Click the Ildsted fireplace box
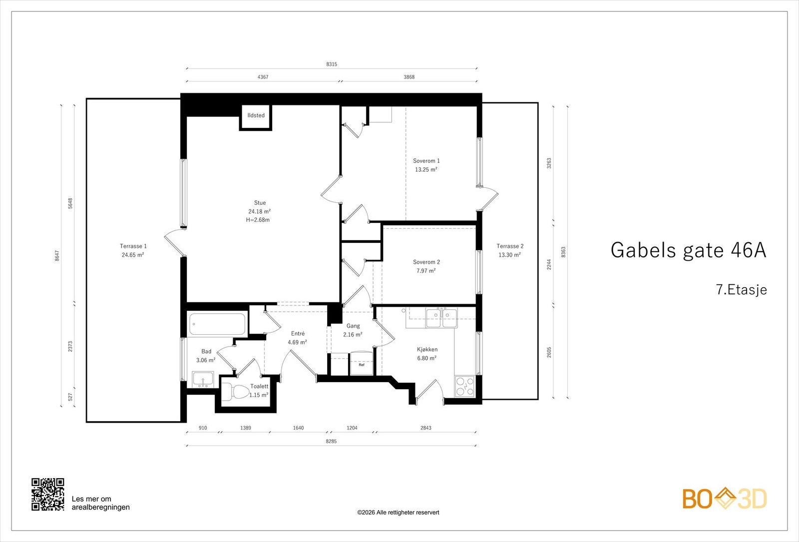click(256, 116)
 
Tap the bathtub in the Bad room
click(217, 324)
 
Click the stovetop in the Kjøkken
click(465, 386)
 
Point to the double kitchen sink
click(441, 318)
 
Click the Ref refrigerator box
click(362, 364)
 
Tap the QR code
click(48, 494)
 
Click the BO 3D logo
click(725, 499)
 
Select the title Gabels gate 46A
click(688, 250)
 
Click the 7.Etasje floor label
click(741, 290)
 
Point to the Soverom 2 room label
click(426, 262)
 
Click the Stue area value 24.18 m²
click(259, 211)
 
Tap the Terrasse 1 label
click(133, 246)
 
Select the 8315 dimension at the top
click(332, 64)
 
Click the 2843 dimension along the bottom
click(425, 428)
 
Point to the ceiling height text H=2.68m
click(258, 220)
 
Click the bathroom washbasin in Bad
click(203, 380)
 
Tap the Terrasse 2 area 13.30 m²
click(509, 255)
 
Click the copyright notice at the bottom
click(398, 513)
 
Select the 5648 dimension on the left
click(70, 203)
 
